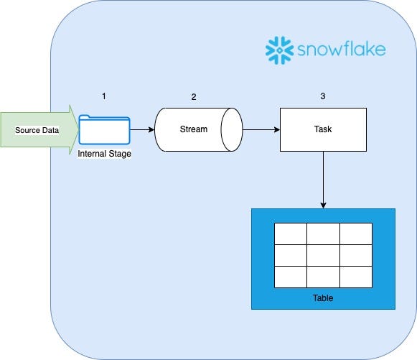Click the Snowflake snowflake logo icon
[x=278, y=49]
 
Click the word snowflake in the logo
[x=342, y=50]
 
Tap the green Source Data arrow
[x=38, y=129]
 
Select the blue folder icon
[x=105, y=129]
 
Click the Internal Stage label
[x=105, y=153]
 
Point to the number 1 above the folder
[x=105, y=96]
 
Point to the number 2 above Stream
[x=193, y=96]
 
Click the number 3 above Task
[x=322, y=96]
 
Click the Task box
[x=322, y=130]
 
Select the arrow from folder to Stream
[x=143, y=130]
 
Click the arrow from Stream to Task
[x=261, y=130]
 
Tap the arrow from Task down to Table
[x=323, y=180]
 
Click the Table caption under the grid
[x=323, y=297]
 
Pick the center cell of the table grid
[x=323, y=255]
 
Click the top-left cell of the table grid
[x=290, y=234]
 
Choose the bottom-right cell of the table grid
[x=356, y=277]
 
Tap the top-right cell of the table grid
[x=356, y=234]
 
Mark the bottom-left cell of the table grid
[x=290, y=277]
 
